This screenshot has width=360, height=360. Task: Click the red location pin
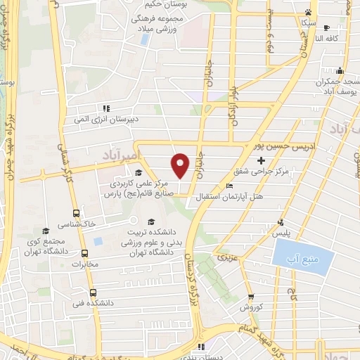[x=181, y=165]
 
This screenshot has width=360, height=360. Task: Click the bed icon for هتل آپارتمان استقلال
[x=231, y=186]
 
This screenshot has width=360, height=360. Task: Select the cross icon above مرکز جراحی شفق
[x=261, y=161]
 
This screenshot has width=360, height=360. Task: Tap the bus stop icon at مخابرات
[x=85, y=254]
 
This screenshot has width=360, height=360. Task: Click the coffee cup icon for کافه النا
[x=326, y=28]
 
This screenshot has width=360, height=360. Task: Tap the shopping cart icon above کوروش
[x=251, y=297]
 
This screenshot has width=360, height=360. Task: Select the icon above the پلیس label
[x=281, y=221]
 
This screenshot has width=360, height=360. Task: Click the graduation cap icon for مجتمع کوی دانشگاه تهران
[x=46, y=231]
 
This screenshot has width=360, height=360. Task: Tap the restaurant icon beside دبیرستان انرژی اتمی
[x=106, y=108]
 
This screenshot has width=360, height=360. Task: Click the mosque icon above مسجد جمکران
[x=340, y=70]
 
